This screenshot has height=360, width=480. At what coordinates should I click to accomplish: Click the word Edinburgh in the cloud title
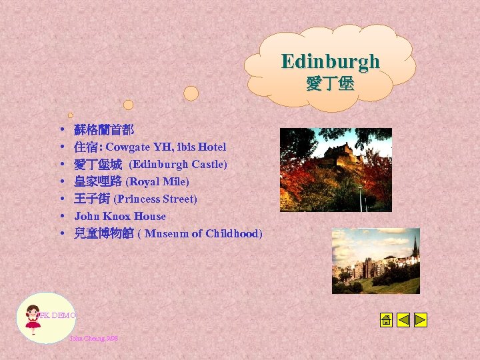330,61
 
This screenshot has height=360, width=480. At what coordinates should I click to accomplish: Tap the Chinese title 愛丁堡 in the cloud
330,84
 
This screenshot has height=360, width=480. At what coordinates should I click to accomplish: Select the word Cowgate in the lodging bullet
130,147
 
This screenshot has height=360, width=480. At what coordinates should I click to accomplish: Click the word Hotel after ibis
213,147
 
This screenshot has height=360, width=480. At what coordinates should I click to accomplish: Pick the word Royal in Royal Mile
143,181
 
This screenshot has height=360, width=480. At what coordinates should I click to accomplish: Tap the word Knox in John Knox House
117,216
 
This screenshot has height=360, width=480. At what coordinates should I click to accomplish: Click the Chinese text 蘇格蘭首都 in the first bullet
104,129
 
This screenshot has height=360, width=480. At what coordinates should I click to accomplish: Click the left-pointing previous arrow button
403,320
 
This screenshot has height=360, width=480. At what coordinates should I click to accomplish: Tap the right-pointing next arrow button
420,320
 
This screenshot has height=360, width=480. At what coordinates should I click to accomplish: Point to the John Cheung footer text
93,339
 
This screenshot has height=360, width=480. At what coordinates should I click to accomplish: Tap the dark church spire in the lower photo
415,247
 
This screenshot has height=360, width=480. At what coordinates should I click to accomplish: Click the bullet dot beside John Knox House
61,217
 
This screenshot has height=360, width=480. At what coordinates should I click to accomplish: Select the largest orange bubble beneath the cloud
191,93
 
